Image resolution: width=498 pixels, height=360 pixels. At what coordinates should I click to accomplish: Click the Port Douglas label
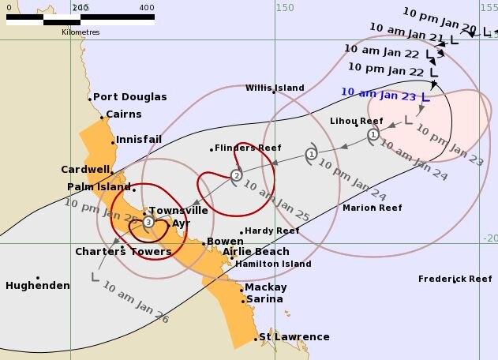130,97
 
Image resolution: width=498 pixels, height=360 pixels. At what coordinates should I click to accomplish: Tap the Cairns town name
123,114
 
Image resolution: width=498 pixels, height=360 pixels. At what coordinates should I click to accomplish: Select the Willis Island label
275,88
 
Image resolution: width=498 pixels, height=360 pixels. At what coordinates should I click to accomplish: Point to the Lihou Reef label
357,122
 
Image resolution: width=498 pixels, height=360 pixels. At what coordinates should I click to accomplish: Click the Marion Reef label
372,208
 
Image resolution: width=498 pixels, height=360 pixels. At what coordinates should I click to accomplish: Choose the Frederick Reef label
455,279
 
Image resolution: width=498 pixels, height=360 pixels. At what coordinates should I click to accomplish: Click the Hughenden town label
38,286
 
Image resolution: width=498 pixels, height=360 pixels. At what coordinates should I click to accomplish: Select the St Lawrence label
294,337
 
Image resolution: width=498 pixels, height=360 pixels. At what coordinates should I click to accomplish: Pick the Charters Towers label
123,252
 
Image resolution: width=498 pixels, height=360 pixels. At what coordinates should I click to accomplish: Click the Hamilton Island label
273,264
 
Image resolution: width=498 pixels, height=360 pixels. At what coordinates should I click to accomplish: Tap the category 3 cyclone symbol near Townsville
148,223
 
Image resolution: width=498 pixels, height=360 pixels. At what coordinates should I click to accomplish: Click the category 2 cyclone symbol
236,175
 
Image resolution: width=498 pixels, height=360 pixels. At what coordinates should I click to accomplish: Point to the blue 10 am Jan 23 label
378,92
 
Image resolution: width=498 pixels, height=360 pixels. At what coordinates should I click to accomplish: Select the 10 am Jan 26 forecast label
135,304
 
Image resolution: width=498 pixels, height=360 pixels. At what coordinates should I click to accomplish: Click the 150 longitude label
285,7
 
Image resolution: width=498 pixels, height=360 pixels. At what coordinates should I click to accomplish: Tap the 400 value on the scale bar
146,7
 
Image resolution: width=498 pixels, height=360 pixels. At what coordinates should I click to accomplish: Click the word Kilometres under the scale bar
81,32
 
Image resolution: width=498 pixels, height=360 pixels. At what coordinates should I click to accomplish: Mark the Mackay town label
266,287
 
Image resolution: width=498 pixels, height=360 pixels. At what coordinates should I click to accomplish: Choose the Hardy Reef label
271,231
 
